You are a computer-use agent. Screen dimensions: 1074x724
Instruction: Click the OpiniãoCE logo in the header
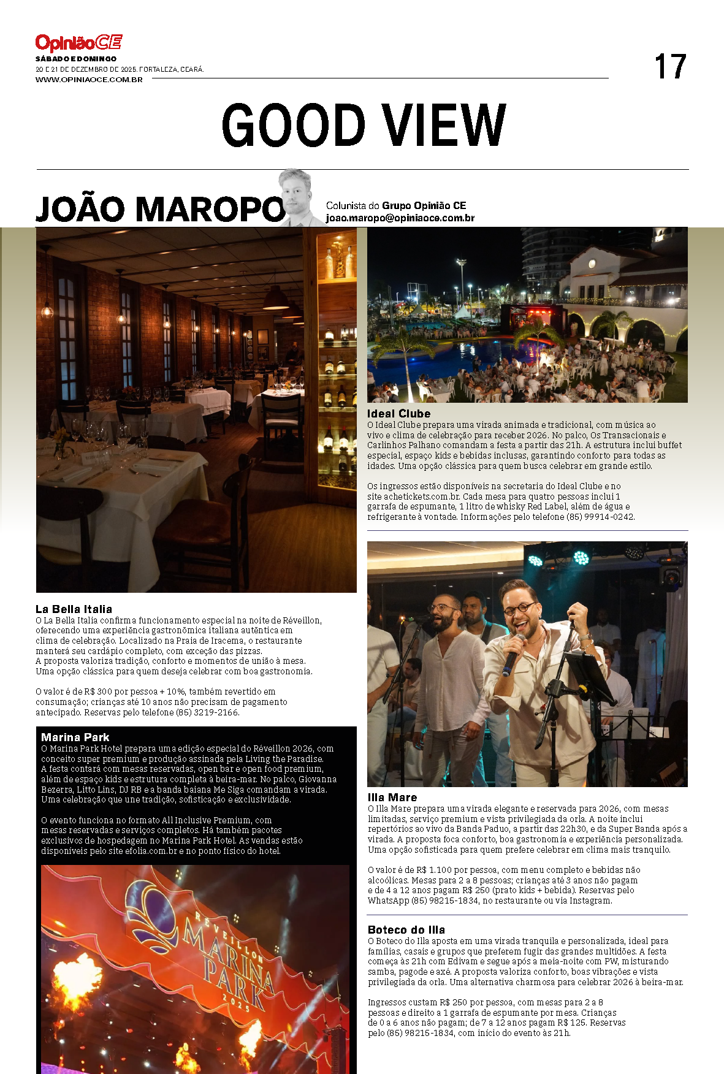pyautogui.click(x=78, y=43)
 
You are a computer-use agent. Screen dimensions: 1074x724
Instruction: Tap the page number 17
pyautogui.click(x=669, y=67)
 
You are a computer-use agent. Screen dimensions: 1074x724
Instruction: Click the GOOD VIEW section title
pyautogui.click(x=364, y=126)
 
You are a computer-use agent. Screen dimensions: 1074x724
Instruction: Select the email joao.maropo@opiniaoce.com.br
pyautogui.click(x=400, y=218)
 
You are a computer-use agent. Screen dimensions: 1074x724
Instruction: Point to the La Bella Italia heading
pyautogui.click(x=74, y=609)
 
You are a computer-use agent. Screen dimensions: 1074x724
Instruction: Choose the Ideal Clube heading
pyautogui.click(x=398, y=414)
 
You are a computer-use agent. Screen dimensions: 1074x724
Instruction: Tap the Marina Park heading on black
pyautogui.click(x=75, y=737)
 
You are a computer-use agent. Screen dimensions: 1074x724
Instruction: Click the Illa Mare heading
pyautogui.click(x=392, y=798)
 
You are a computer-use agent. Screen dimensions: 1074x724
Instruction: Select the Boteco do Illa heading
pyautogui.click(x=406, y=930)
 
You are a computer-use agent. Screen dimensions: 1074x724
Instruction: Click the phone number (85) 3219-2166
pyautogui.click(x=207, y=713)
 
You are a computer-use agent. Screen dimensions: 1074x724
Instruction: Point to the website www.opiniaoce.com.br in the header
pyautogui.click(x=89, y=80)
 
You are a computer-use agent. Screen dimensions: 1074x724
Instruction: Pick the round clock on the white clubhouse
pyautogui.click(x=592, y=264)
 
